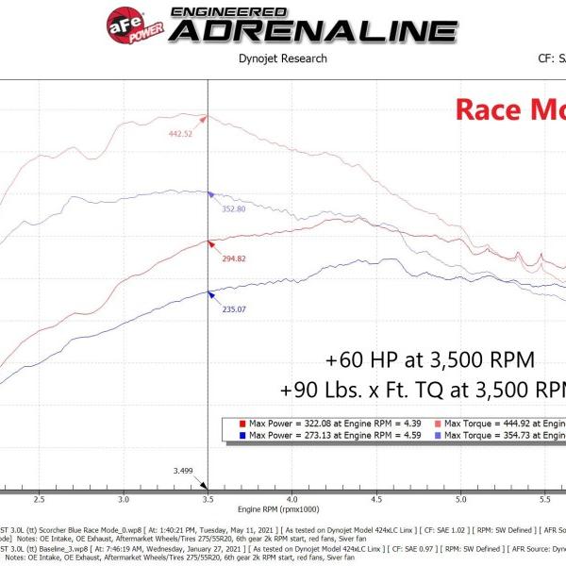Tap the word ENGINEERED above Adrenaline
[218, 10]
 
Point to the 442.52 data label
[181, 134]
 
